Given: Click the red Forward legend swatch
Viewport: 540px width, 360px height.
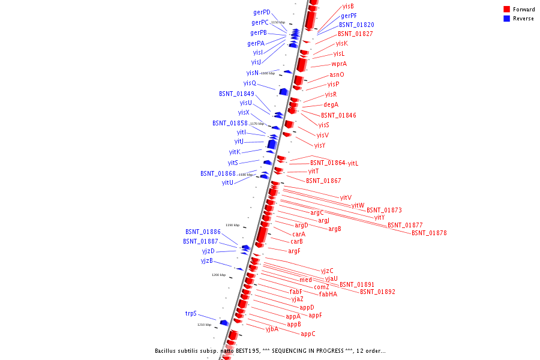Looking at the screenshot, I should (x=506, y=10).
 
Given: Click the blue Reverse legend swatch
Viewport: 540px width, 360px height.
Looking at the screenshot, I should (x=506, y=19).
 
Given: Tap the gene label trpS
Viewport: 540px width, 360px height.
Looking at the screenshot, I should (x=191, y=313).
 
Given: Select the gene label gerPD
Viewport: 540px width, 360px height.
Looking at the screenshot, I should (x=262, y=12).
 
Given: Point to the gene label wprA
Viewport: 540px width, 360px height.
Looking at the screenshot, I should (x=339, y=64).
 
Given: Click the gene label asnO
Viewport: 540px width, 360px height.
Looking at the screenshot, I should (x=337, y=74).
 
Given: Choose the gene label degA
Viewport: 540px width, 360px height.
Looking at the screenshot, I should (x=331, y=104).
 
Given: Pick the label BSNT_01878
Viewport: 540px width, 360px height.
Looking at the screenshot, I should (x=429, y=233).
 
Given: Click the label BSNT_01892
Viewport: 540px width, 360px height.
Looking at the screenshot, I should (x=377, y=292).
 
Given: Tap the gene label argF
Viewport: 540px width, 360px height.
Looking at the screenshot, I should (x=294, y=251).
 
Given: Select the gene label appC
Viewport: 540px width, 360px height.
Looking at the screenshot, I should (x=308, y=334).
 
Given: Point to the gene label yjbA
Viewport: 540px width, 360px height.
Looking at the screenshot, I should (x=272, y=329).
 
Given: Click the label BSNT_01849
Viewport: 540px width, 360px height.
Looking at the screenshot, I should (x=236, y=94).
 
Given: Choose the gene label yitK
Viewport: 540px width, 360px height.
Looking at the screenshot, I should (x=235, y=152).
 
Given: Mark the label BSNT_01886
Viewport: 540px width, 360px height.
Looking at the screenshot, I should (x=203, y=231).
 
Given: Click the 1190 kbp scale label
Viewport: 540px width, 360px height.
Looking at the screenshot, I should (x=232, y=225).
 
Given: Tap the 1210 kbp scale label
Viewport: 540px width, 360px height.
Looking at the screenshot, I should (x=204, y=325).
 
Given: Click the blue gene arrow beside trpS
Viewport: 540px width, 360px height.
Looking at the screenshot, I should (x=224, y=323).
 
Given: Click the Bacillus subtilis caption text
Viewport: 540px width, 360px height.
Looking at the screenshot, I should (x=270, y=350).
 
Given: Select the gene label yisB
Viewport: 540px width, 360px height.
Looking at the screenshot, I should (x=348, y=5).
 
